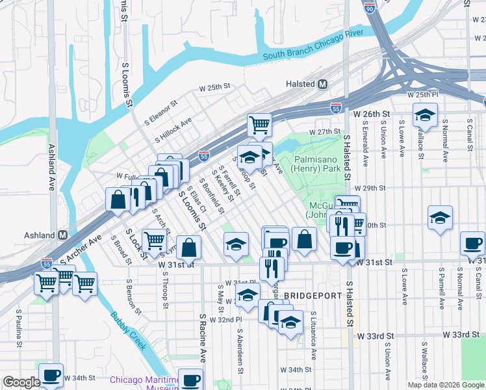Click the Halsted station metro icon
coord(323,84)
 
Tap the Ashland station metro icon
coord(63,235)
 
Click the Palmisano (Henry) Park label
coord(317,163)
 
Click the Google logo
coord(21,383)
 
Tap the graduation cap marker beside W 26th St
coord(425,116)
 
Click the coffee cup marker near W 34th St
coord(51,375)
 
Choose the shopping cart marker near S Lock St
coord(154,240)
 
